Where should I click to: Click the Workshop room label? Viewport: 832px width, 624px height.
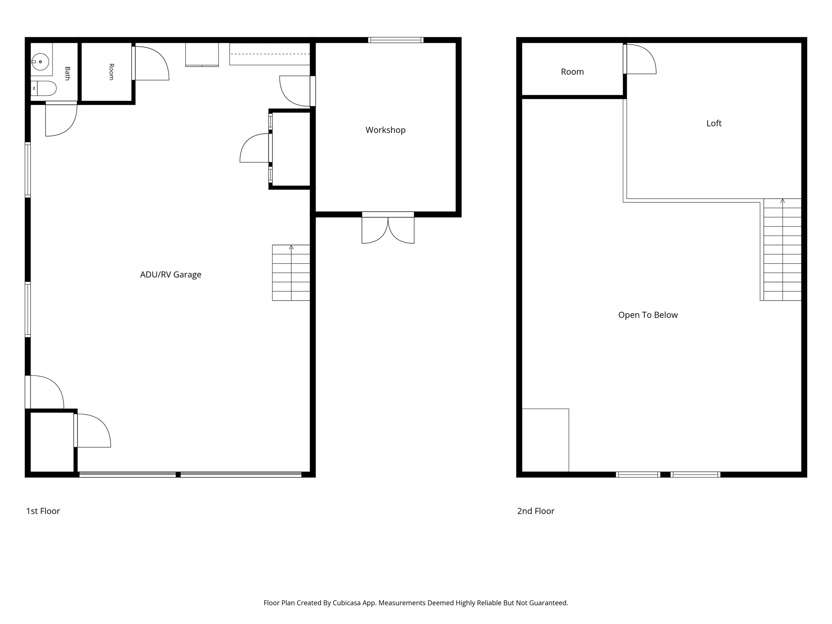(x=386, y=130)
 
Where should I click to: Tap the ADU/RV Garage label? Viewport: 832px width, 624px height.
(x=171, y=275)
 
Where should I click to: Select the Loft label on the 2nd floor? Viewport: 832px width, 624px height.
(x=714, y=123)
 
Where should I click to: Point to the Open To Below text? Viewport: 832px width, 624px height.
(x=648, y=315)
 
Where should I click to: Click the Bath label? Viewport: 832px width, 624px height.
(x=67, y=74)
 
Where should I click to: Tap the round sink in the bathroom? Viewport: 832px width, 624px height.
(x=40, y=62)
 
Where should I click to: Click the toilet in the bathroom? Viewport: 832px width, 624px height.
(x=43, y=88)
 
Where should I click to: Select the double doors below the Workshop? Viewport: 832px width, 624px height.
(x=388, y=228)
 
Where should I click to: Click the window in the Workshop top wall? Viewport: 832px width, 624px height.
(x=396, y=40)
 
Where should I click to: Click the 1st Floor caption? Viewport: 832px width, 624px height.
(x=43, y=511)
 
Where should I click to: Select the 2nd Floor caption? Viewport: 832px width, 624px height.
(x=535, y=511)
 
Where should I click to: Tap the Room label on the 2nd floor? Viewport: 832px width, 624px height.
(x=572, y=72)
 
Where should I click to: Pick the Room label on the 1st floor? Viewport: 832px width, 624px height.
(x=111, y=72)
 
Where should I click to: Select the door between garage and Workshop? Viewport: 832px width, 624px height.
(x=295, y=91)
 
